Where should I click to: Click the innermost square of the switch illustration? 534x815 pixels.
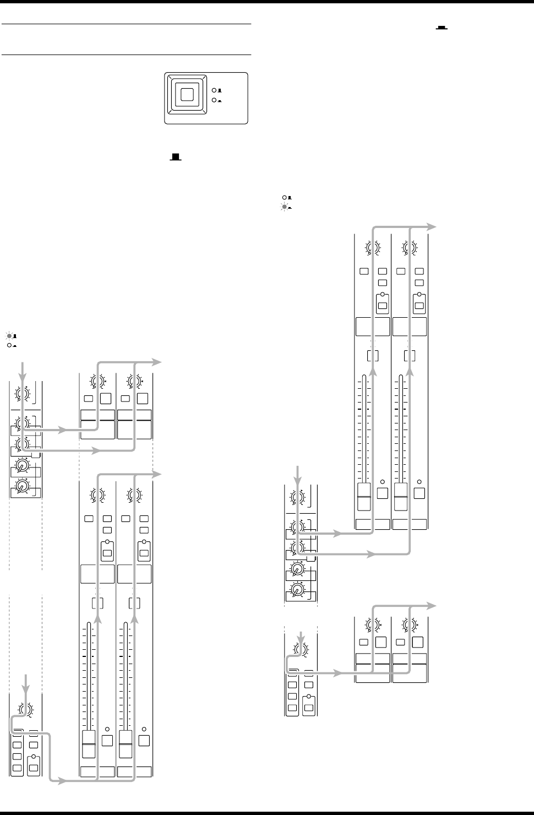(187, 95)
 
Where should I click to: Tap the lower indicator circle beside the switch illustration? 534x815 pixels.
(214, 100)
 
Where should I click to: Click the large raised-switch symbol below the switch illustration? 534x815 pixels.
(176, 157)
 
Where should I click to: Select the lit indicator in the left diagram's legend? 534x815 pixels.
(9, 335)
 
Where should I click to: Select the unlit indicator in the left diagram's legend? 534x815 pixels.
(9, 345)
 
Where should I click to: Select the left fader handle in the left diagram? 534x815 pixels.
(88, 744)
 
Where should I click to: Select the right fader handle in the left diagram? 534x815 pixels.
(126, 744)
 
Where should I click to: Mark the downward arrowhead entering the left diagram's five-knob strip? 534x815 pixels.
(22, 376)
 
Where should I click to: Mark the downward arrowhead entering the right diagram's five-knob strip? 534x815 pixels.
(298, 481)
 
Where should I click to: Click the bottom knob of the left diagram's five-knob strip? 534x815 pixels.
(21, 486)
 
